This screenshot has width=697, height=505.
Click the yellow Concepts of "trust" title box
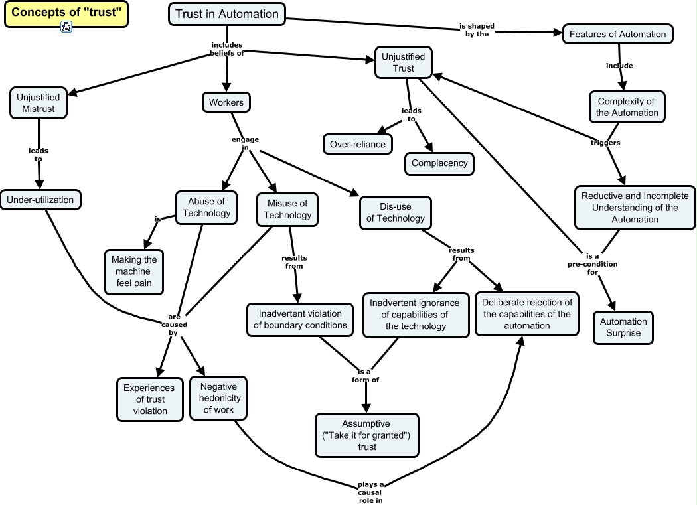[x=66, y=13]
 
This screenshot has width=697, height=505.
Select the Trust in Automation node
[x=227, y=14]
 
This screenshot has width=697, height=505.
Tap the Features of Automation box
[x=618, y=34]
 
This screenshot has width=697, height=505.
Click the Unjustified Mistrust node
[x=39, y=103]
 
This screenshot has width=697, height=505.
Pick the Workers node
[x=226, y=102]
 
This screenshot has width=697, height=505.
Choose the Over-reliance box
[x=357, y=144]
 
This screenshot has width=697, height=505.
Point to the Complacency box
[x=439, y=163]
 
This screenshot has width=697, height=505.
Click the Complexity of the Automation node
[x=627, y=107]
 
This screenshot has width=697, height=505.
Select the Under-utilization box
[x=40, y=200]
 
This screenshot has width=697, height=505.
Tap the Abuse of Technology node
[x=206, y=207]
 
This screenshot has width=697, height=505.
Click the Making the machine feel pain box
[x=135, y=271]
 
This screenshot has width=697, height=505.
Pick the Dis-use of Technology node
[x=395, y=212]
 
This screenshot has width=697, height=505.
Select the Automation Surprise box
[x=623, y=327]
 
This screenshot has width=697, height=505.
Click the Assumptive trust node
[x=366, y=435]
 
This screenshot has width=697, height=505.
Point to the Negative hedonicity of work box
[x=218, y=398]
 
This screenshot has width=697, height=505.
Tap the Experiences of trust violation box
[x=150, y=399]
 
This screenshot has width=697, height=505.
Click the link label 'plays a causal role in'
[x=371, y=492]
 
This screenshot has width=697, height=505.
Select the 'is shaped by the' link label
[x=477, y=29]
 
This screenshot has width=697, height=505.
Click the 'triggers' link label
[x=605, y=143]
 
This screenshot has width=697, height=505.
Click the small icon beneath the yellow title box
[x=66, y=27]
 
